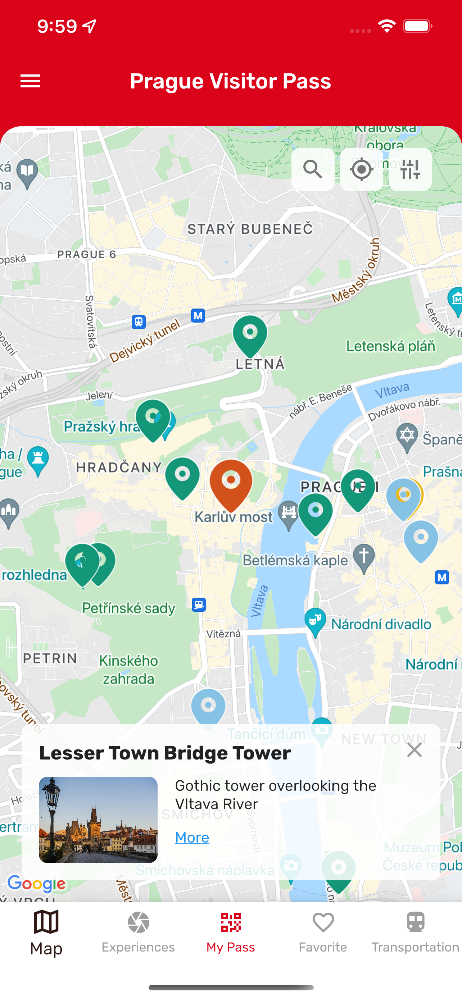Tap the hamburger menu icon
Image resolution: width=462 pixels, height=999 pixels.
pos(30,81)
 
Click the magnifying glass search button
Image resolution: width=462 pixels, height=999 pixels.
pos(313,169)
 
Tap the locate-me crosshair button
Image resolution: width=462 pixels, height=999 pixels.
pos(361,169)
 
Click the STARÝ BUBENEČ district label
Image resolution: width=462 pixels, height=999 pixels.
pos(250,229)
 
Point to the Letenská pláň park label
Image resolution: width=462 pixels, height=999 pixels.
pos(390,346)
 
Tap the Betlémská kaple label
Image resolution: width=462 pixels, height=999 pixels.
pos(295,560)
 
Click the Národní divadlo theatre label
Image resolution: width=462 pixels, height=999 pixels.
pos(381,624)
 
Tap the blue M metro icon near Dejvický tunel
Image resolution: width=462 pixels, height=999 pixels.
pos(198,315)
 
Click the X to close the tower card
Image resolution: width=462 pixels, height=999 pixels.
pos(414,750)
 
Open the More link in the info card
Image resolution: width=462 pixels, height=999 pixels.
pos(192,837)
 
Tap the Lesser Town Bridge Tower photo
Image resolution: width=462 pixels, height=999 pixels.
pos(98,820)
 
